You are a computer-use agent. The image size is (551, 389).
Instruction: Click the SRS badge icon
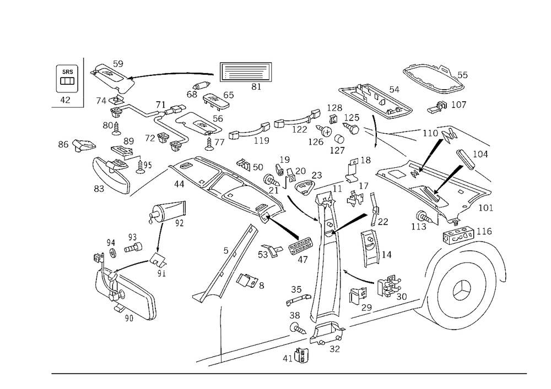67,79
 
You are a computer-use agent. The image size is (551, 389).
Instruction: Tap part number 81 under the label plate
256,86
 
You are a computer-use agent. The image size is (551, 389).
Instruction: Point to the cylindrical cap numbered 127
339,139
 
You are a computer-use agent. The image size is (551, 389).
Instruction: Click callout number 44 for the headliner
179,184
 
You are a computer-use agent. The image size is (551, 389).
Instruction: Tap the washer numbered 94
113,253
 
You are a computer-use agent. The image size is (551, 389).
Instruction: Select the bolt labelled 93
133,247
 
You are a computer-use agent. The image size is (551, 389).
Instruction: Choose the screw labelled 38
298,328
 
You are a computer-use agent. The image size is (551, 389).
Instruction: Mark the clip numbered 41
301,356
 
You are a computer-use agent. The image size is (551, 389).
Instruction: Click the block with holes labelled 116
458,234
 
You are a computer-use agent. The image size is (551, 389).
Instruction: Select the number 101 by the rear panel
486,207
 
